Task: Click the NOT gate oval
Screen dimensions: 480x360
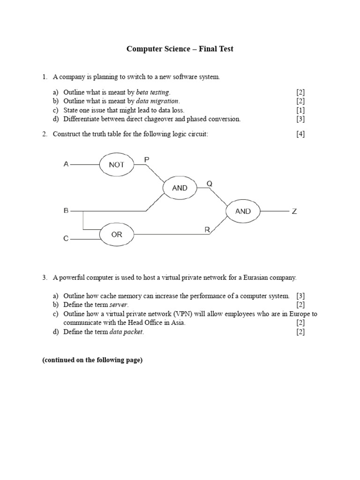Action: click(116, 165)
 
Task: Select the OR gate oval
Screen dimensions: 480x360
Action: click(116, 234)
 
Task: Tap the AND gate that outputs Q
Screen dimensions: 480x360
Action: click(180, 188)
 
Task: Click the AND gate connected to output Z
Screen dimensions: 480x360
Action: click(243, 211)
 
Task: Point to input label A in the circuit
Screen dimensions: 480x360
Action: click(66, 165)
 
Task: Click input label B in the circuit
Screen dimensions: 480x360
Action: click(66, 211)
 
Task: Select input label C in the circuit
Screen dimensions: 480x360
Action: click(66, 239)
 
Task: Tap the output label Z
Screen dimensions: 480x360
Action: click(294, 211)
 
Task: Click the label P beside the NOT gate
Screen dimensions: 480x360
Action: click(147, 160)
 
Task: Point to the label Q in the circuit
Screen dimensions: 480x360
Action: click(210, 184)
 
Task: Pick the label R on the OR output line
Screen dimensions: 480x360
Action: click(207, 229)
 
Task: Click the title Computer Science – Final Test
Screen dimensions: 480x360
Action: click(180, 49)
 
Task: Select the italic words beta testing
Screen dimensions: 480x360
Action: click(153, 92)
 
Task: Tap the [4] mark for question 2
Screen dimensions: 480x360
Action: click(300, 134)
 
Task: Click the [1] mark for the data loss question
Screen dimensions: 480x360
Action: click(300, 110)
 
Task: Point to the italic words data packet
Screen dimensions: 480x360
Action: click(127, 332)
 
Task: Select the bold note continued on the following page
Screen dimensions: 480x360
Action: click(92, 360)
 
